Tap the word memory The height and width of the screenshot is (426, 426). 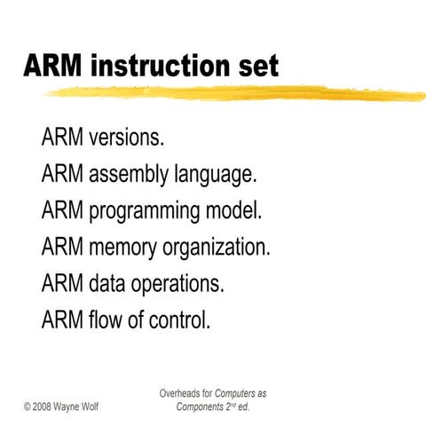coord(123,247)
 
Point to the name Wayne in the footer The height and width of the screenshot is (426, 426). coord(75,406)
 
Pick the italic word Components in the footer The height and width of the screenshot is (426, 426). coord(200,406)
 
